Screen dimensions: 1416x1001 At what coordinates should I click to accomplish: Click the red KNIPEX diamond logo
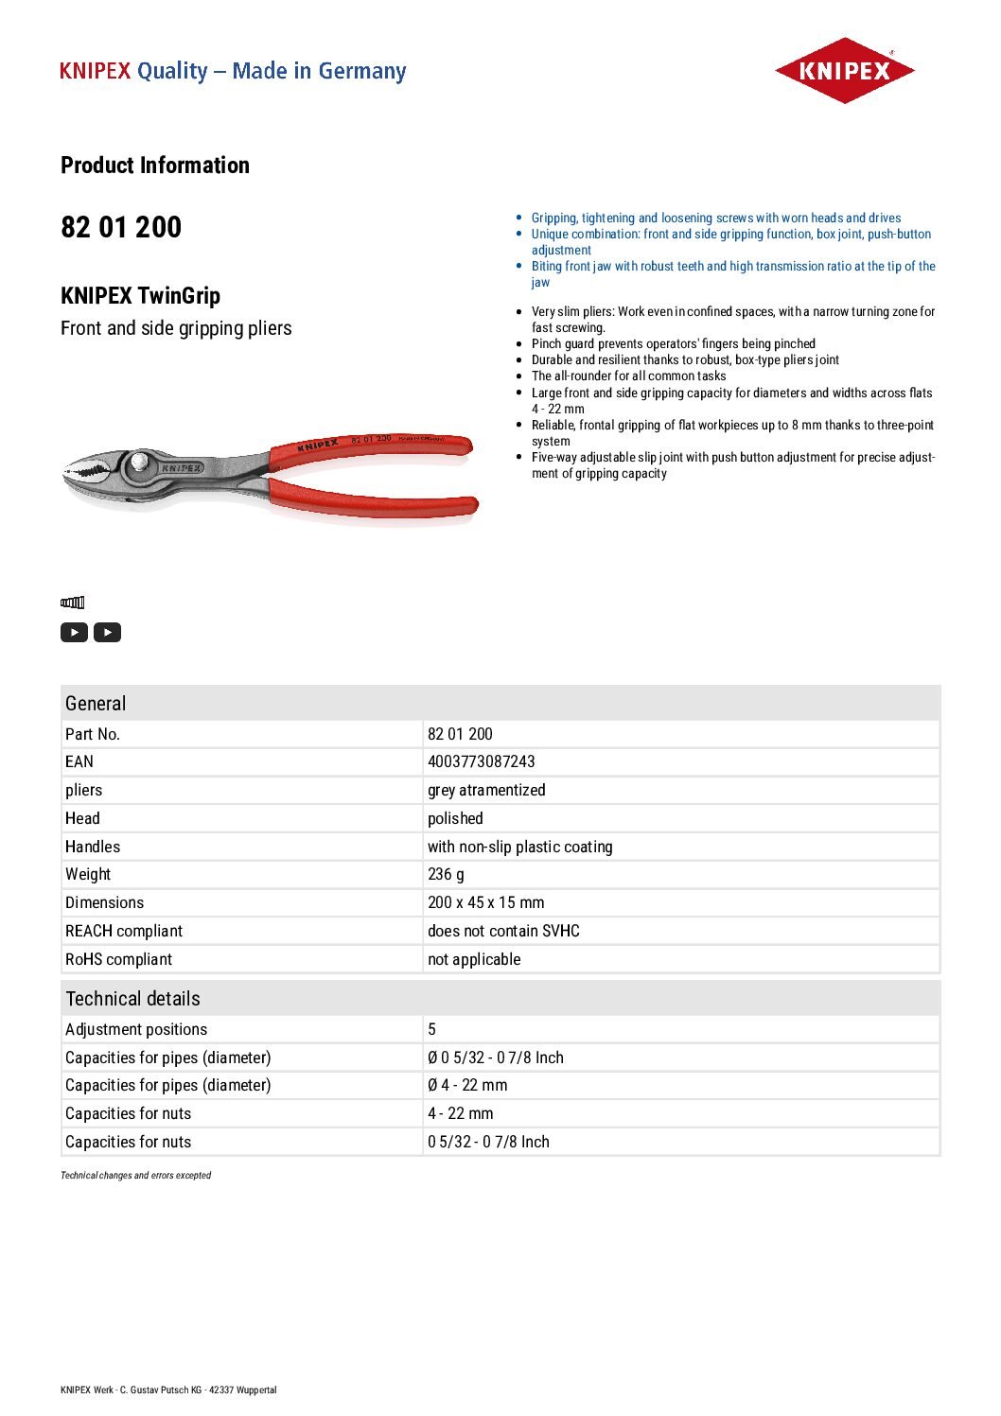point(844,71)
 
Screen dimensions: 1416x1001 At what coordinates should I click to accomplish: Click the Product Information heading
point(155,166)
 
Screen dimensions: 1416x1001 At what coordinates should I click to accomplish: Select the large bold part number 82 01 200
point(121,228)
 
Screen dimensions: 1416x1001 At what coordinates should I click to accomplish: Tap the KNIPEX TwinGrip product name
point(140,296)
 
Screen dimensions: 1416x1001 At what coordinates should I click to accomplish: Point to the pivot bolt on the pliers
point(139,461)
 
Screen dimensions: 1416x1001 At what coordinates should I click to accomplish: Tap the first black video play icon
point(74,632)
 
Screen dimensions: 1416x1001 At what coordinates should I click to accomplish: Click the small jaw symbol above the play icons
point(73,603)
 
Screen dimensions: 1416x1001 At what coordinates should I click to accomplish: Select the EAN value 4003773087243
point(481,761)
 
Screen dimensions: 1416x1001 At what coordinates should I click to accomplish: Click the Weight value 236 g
point(446,874)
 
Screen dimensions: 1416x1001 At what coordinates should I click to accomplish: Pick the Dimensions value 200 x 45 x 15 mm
point(485,902)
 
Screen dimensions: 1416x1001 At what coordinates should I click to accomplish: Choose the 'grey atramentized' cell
point(486,790)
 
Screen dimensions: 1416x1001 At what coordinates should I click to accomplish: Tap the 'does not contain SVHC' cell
point(503,931)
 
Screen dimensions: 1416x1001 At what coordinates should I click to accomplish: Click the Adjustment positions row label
point(136,1029)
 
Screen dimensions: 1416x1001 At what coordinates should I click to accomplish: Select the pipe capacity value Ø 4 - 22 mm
point(467,1085)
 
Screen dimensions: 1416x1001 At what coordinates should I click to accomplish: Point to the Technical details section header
point(133,999)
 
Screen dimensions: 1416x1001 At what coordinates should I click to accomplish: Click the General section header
point(96,704)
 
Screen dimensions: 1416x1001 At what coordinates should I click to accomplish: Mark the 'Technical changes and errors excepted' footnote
point(136,1176)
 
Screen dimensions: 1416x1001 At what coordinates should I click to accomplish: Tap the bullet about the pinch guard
point(673,343)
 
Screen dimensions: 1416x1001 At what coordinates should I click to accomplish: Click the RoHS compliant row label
point(119,959)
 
